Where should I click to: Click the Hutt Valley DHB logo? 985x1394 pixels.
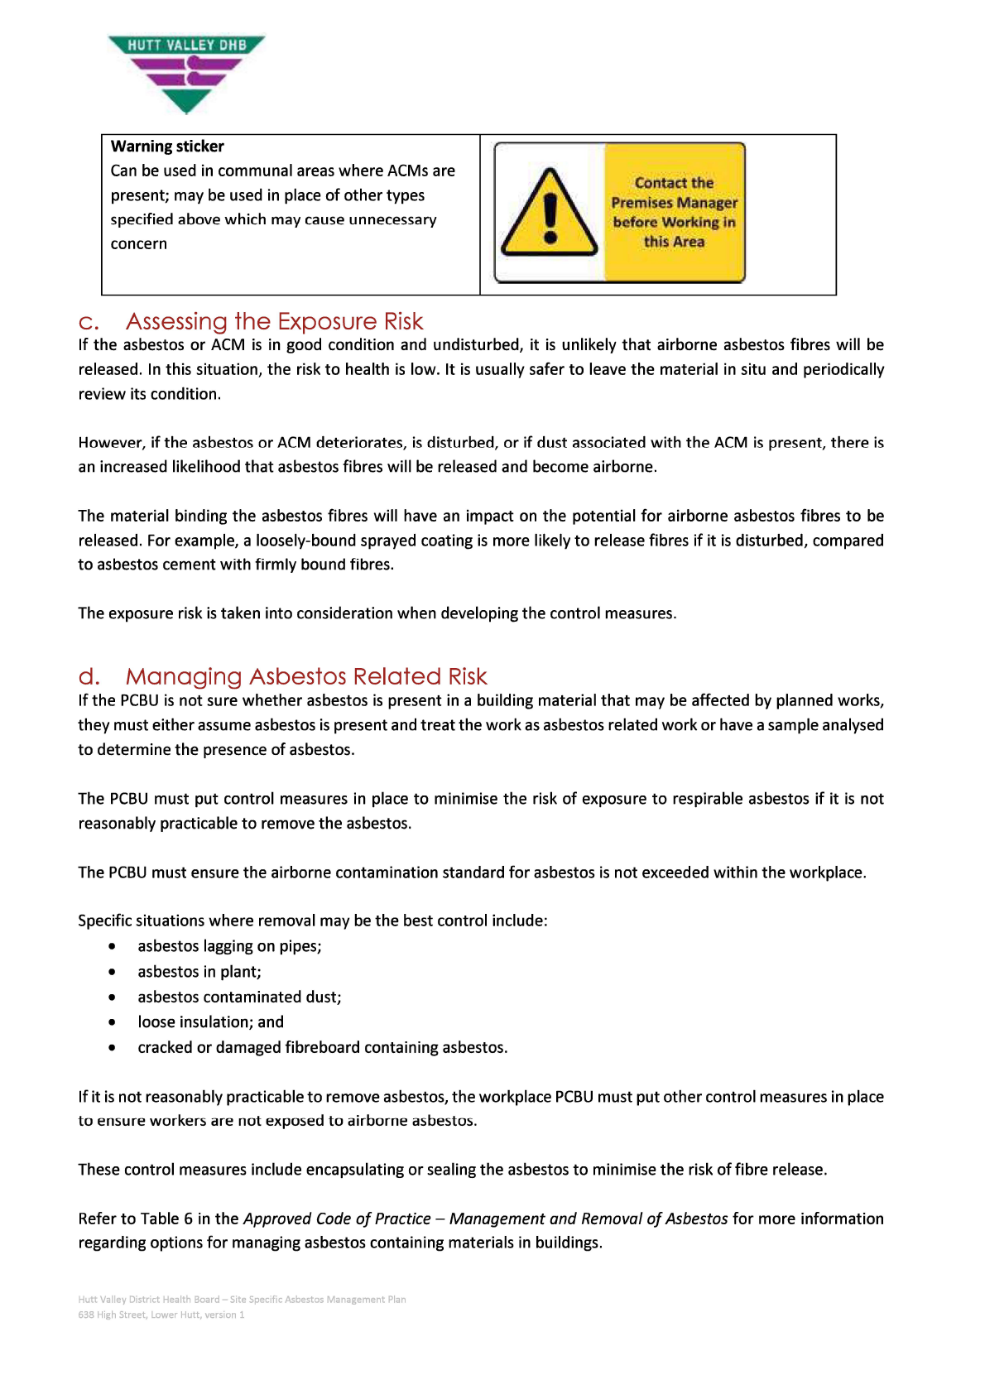[x=186, y=74]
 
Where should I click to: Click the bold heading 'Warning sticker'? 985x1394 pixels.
[x=167, y=147]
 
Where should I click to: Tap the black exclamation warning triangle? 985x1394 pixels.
[x=549, y=214]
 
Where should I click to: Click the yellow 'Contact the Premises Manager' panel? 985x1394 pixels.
[x=674, y=213]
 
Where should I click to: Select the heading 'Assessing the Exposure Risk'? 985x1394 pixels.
[x=274, y=321]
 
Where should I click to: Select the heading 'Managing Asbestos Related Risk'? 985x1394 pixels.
[x=306, y=676]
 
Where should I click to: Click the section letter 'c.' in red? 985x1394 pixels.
[x=89, y=322]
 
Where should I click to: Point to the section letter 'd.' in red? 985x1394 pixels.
[x=89, y=677]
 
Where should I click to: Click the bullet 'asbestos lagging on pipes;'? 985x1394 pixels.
[x=229, y=946]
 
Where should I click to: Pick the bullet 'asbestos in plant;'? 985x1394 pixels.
[x=199, y=972]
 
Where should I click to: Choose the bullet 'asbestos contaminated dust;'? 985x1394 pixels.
[x=239, y=997]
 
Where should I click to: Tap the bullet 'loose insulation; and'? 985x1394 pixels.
[x=210, y=1022]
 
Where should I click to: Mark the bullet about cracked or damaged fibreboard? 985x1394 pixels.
[x=322, y=1048]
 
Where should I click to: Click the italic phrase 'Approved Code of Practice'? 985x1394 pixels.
[x=337, y=1219]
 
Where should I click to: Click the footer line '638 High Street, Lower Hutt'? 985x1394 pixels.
[x=161, y=1315]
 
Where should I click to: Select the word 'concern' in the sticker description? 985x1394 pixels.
[x=139, y=244]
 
